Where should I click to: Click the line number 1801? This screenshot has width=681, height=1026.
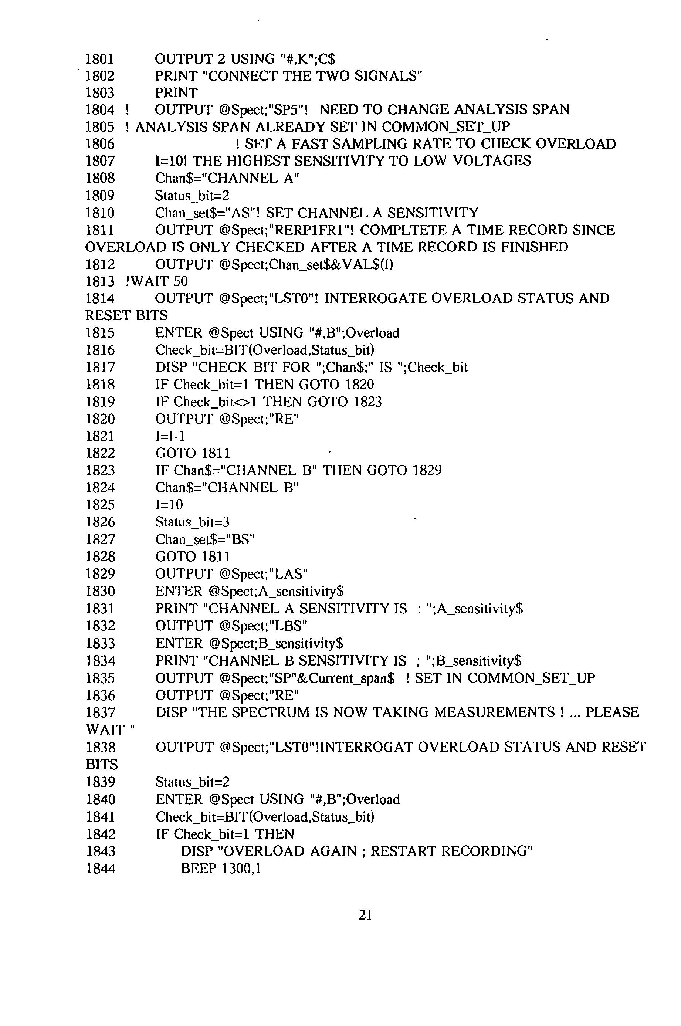tap(99, 59)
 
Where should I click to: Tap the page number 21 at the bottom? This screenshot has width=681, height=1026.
tap(365, 915)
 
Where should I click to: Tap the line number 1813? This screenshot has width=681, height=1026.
tap(99, 281)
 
